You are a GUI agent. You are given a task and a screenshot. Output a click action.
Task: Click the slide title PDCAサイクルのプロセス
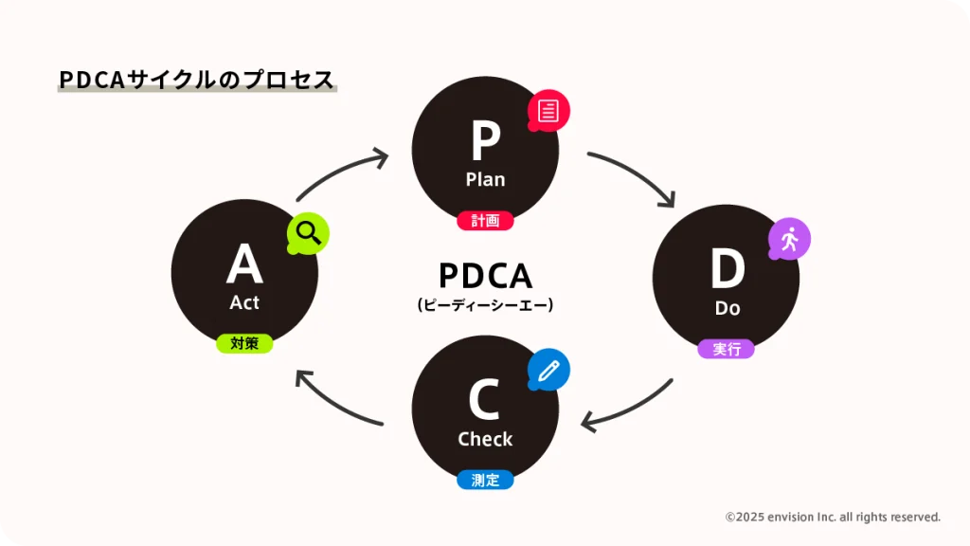[197, 81]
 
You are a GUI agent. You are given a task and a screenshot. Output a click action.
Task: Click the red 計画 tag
[485, 221]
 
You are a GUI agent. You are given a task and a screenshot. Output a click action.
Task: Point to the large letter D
[727, 269]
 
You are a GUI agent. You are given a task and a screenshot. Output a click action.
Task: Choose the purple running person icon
[789, 240]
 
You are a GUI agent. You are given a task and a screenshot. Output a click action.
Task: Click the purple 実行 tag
[727, 349]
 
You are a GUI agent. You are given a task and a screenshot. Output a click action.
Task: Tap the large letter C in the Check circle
[484, 400]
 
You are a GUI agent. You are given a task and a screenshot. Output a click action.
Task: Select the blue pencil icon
[548, 371]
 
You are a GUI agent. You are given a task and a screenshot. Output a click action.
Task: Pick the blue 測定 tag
[485, 480]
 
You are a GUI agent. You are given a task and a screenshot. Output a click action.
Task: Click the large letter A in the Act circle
[244, 264]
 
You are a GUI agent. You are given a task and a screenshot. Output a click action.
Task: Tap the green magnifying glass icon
[309, 232]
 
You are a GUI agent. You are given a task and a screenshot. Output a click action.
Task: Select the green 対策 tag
[244, 343]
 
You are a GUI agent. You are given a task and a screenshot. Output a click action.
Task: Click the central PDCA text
[485, 276]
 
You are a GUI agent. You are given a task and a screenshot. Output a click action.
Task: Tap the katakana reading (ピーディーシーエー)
[485, 305]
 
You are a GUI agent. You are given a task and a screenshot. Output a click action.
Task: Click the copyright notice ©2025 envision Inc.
[833, 517]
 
